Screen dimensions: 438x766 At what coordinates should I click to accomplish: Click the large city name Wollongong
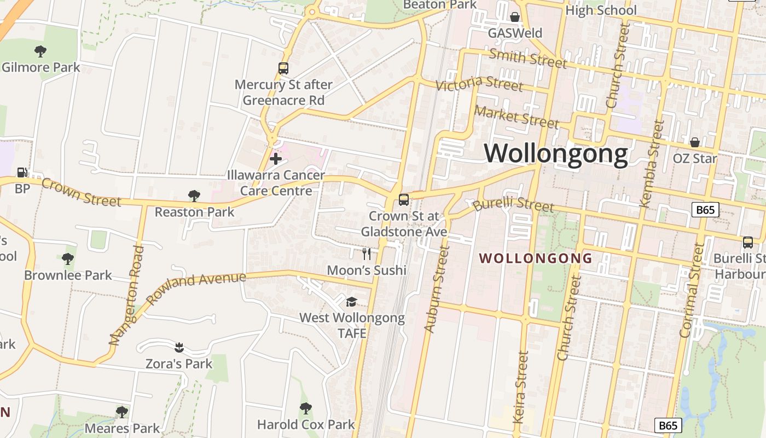pos(556,154)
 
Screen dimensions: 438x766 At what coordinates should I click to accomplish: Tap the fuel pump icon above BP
pos(22,172)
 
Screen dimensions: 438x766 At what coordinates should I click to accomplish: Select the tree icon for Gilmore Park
pos(40,51)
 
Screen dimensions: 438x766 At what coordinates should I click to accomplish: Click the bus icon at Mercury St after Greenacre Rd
pos(283,68)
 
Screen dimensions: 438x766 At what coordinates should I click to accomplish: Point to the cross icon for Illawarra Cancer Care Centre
pos(276,159)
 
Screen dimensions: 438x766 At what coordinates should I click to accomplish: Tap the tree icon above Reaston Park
pos(194,195)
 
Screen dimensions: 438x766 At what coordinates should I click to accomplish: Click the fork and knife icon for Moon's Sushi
pos(367,253)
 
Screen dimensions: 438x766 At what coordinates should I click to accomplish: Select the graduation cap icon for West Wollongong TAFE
pos(351,302)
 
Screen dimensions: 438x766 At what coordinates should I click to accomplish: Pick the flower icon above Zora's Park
pos(178,347)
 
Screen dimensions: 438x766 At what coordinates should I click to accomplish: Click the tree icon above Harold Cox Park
pos(306,408)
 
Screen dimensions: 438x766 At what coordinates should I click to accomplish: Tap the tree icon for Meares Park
pos(122,412)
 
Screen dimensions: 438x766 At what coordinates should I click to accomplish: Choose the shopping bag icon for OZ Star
pos(694,142)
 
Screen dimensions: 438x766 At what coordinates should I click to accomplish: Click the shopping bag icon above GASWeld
pos(515,17)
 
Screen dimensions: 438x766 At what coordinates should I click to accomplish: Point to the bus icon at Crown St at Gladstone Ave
pos(404,199)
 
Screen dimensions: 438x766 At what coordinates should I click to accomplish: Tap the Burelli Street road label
pos(513,205)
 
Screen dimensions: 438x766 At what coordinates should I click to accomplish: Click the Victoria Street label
pos(479,83)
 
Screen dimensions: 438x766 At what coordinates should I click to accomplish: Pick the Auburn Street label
pos(437,289)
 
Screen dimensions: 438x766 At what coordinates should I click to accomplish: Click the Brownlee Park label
pos(68,275)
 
